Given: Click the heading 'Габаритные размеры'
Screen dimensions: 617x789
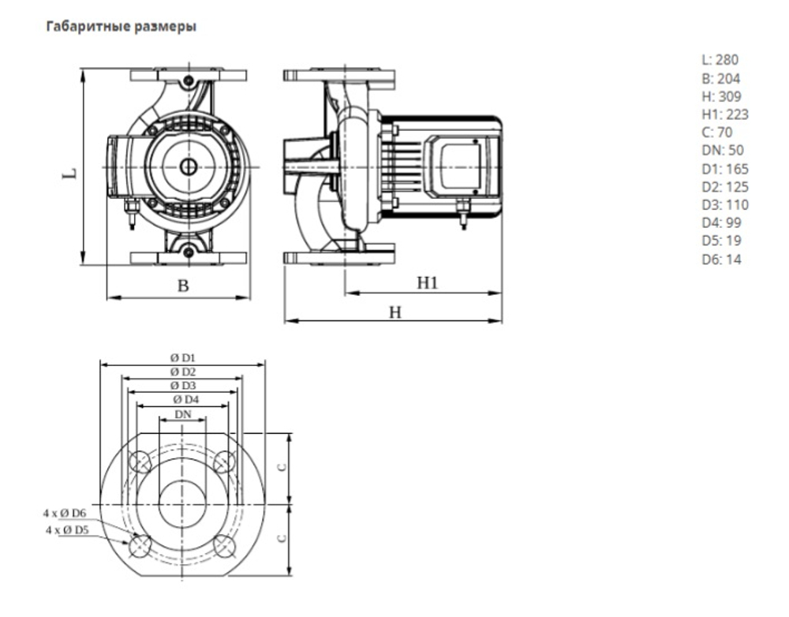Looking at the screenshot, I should (x=122, y=27).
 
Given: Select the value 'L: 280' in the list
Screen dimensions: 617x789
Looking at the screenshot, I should (x=720, y=60).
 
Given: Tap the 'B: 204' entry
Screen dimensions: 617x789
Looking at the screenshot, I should (x=720, y=78).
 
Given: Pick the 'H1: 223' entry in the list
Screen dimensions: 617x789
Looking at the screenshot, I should (x=724, y=114).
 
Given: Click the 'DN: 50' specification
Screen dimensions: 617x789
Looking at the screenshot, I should (x=722, y=150).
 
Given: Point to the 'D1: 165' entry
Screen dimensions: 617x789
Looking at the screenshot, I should (x=724, y=169).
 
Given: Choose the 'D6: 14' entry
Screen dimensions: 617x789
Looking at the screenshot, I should (x=721, y=259).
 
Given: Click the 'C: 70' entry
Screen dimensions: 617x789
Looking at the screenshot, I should (x=716, y=133).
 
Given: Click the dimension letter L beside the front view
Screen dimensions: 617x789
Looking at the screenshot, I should (x=69, y=171).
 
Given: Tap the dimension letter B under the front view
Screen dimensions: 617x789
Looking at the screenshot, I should (x=182, y=286).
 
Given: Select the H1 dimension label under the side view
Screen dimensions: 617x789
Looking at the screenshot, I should (x=427, y=282).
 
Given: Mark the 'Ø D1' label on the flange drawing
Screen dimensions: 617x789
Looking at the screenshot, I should (x=182, y=357).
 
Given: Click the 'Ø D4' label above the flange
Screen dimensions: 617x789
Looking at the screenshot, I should (x=182, y=400).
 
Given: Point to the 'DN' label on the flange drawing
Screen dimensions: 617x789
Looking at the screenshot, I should (x=182, y=413).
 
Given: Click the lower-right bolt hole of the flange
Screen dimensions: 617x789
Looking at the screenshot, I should (x=224, y=544).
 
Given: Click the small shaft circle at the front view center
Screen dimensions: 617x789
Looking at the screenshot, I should (x=189, y=166).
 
